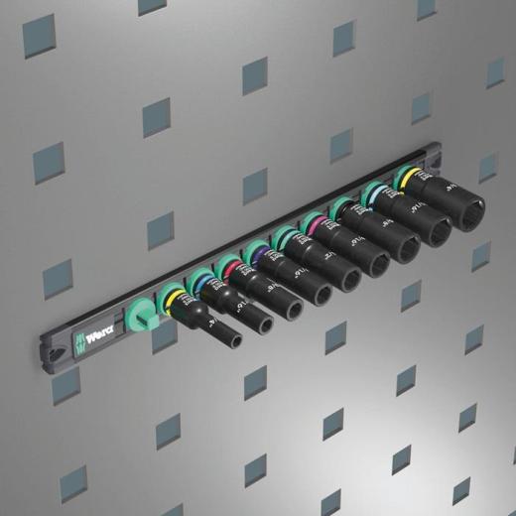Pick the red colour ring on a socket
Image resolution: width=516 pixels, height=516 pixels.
229,270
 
